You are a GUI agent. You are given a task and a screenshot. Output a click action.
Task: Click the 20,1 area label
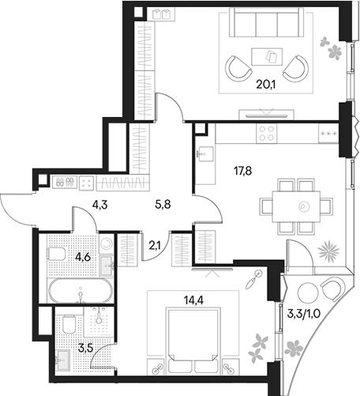point(265,85)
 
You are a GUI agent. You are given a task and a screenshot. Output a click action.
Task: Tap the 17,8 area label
point(243,171)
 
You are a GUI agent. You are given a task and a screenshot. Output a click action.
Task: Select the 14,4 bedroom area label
point(194,300)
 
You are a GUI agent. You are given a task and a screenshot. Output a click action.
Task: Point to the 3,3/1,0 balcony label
point(303,314)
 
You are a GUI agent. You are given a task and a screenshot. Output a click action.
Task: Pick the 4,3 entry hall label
point(99,205)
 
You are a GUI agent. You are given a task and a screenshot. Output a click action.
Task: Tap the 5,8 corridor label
point(163,204)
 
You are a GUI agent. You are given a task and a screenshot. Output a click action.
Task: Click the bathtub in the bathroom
point(81,291)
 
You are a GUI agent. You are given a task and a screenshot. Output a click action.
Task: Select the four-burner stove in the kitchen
point(266,134)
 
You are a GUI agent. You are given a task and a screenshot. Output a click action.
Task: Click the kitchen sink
point(206,154)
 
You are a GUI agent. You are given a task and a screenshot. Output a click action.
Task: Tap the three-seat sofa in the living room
point(266,22)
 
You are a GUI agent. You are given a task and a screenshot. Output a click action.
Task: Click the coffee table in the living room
point(267,56)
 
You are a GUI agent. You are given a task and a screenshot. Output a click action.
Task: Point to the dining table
point(296,207)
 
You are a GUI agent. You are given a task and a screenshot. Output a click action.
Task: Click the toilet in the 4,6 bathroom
point(56,254)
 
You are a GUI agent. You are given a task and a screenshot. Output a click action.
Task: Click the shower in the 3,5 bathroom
point(99,322)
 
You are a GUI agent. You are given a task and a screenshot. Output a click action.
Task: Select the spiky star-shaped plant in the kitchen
point(328,251)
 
